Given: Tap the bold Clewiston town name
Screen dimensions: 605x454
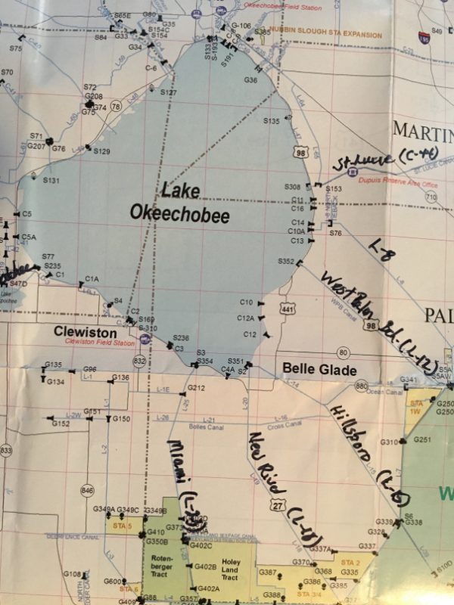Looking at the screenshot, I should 85,332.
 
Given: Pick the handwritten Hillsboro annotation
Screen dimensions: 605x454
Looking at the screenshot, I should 370,454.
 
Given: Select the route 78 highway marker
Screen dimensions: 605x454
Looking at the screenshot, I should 116,107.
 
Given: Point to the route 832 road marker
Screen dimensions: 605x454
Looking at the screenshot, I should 139,361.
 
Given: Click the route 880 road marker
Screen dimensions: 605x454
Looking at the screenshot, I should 361,386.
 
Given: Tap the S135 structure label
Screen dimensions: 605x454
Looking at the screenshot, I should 272,121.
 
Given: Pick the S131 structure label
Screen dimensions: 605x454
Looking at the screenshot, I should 51,181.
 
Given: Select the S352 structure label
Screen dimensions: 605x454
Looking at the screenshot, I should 286,261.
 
